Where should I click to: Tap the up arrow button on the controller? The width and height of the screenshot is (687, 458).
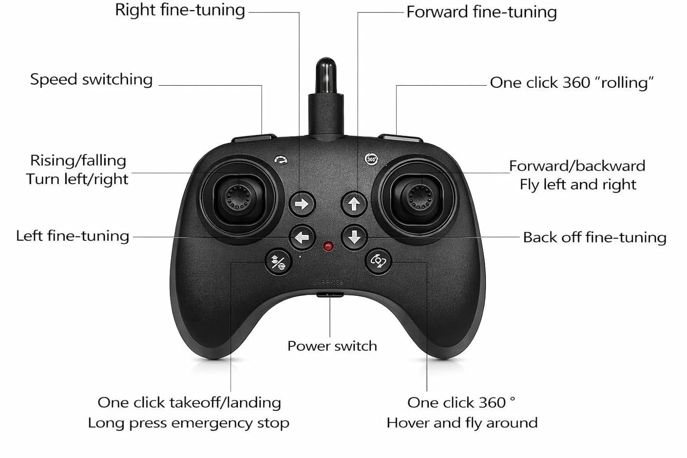(x=354, y=204)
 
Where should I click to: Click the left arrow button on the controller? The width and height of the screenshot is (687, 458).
(x=302, y=237)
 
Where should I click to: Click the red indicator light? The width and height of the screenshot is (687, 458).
(x=328, y=246)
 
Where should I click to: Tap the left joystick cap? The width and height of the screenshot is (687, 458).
(x=239, y=196)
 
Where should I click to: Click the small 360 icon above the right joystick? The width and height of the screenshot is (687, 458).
(x=371, y=159)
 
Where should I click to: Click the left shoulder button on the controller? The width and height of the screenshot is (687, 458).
(x=254, y=138)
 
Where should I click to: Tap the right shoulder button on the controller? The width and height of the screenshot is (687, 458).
(x=401, y=138)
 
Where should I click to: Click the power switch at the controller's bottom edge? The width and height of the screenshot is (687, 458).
(x=330, y=295)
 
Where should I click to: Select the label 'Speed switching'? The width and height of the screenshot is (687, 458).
(x=92, y=80)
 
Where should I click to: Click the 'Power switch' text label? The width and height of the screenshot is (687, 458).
(x=332, y=346)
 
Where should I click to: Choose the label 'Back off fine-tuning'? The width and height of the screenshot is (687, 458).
(x=594, y=237)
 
